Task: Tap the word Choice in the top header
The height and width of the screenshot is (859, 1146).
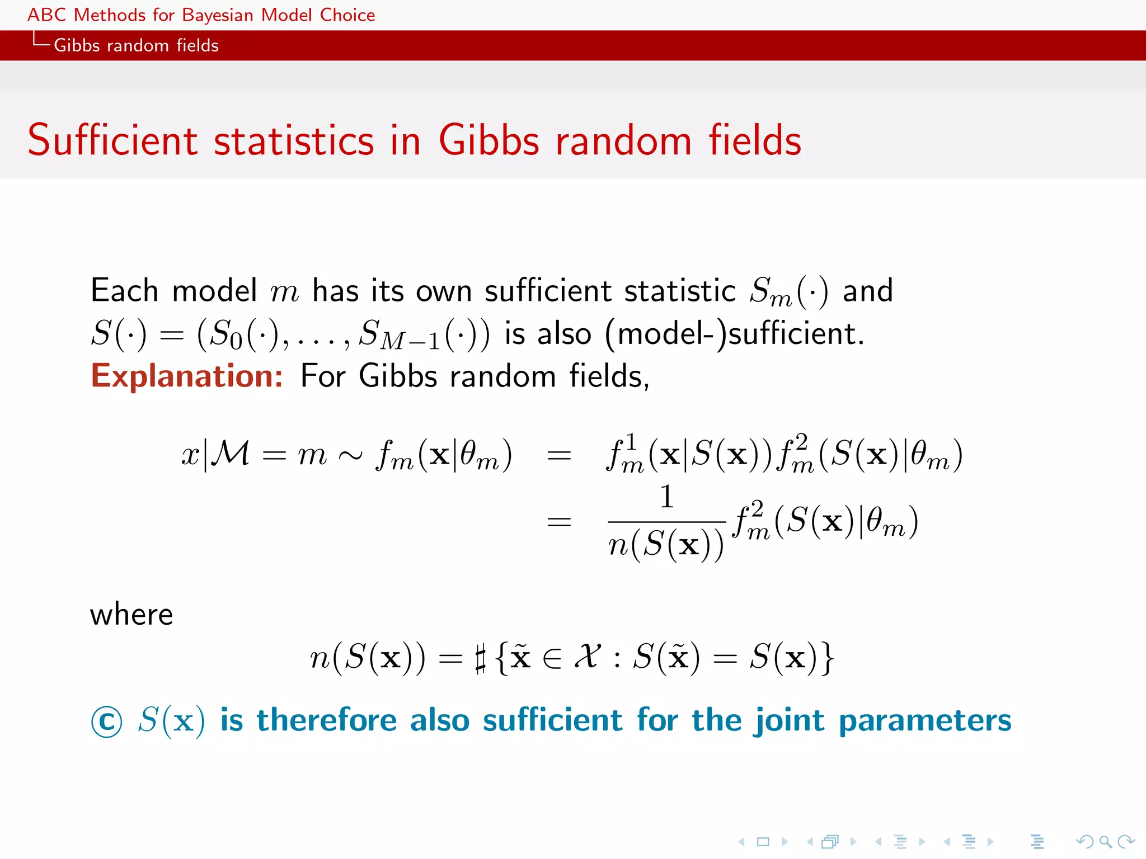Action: [x=347, y=15]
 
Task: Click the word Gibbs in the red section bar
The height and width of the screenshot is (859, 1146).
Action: [x=77, y=45]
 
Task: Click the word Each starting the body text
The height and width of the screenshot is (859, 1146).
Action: [x=124, y=291]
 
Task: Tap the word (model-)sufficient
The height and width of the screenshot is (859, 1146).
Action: [x=735, y=334]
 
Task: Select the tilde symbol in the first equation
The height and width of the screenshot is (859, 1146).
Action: [x=351, y=455]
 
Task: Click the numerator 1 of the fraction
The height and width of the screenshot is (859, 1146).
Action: [x=666, y=497]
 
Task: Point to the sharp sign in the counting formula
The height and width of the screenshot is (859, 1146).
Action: [x=480, y=658]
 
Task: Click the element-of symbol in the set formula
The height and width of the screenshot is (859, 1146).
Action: [x=552, y=658]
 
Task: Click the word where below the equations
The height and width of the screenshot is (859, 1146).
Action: [x=131, y=615]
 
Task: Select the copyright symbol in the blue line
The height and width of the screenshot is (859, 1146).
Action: [x=106, y=721]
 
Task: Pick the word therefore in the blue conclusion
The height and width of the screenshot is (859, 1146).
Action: [x=327, y=720]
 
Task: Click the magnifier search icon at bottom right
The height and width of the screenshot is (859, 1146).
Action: [x=1105, y=841]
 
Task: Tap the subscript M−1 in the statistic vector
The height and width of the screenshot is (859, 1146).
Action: [x=410, y=341]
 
